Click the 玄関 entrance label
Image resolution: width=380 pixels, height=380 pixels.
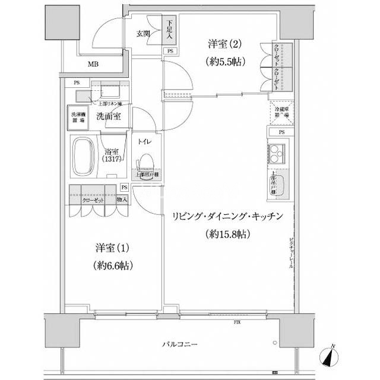pyautogui.click(x=142, y=34)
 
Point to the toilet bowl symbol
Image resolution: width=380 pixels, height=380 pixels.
pyautogui.click(x=146, y=163)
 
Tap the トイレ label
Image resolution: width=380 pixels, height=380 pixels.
pyautogui.click(x=145, y=142)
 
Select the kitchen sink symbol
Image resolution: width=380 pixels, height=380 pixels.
pyautogui.click(x=280, y=189)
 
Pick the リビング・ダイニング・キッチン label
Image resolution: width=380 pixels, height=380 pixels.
pyautogui.click(x=227, y=216)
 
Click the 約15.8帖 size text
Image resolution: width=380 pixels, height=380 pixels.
pyautogui.click(x=227, y=234)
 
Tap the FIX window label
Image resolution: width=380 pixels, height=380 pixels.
pyautogui.click(x=237, y=322)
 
